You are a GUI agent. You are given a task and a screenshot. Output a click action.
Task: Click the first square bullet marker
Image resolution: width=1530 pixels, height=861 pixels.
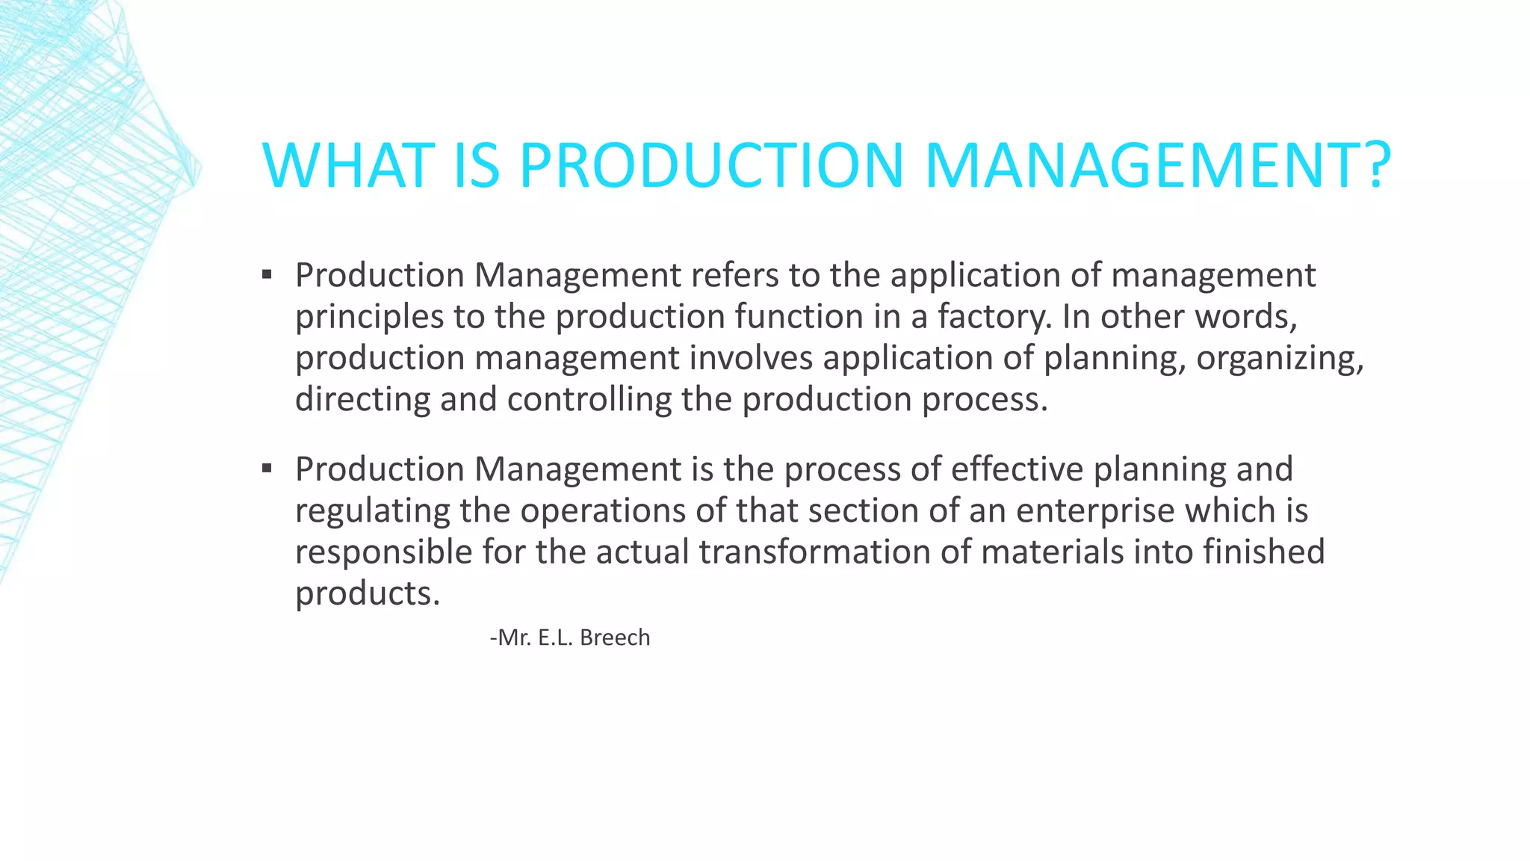click(267, 274)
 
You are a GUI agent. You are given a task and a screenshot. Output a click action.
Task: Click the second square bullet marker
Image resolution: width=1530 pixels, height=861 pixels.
click(267, 469)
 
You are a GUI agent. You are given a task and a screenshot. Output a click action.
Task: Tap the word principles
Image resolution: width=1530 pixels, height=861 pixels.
click(370, 317)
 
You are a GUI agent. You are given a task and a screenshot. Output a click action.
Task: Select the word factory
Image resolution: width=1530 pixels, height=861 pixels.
click(994, 317)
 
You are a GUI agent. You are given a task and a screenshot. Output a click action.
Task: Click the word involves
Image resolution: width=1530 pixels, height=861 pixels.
click(751, 357)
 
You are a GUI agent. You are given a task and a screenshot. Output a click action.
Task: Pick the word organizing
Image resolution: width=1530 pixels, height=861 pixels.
click(1279, 359)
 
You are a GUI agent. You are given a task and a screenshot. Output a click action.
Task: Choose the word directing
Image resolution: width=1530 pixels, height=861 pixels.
click(362, 399)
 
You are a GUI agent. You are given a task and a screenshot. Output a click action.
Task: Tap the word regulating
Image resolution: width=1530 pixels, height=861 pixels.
click(372, 511)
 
